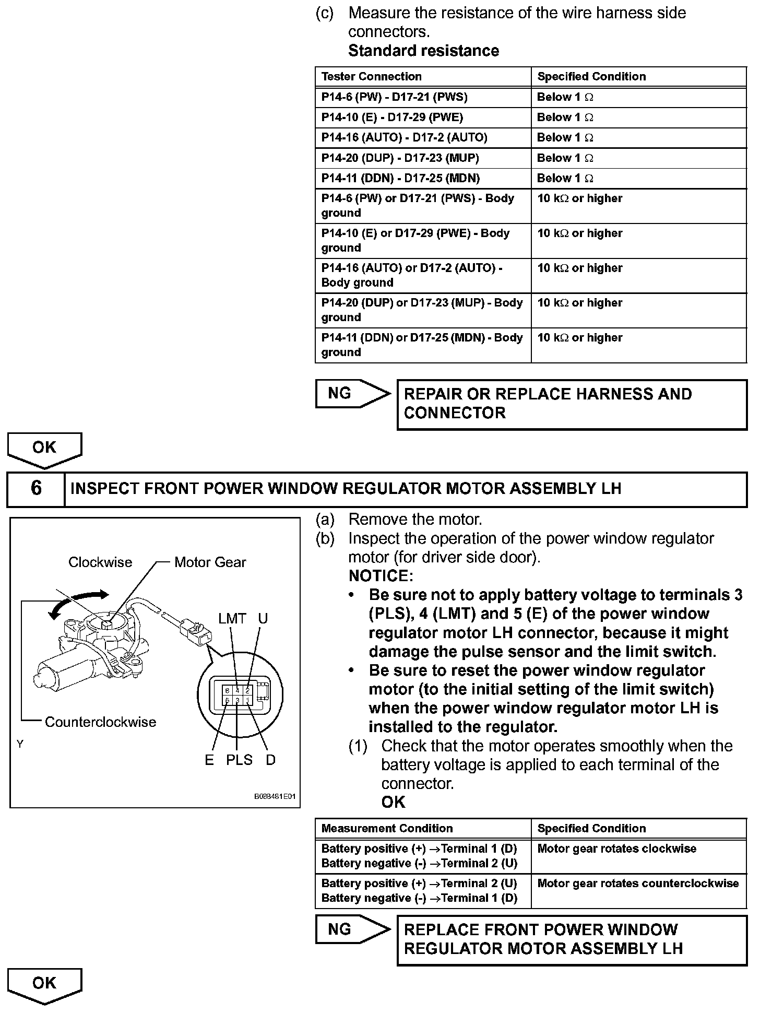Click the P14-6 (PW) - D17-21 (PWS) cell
point(395,97)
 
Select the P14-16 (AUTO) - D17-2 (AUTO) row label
point(404,138)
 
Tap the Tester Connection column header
point(372,77)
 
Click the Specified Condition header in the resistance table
point(591,77)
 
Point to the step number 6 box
point(36,488)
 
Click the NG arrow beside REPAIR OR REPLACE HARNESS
point(352,394)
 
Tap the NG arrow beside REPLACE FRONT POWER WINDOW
point(352,929)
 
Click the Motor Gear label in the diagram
point(210,562)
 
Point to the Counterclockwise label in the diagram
point(100,722)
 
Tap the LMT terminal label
point(232,619)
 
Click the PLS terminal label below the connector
point(239,760)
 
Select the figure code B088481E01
point(275,797)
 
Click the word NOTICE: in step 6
point(381,576)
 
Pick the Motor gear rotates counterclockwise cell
point(638,884)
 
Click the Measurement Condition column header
point(387,829)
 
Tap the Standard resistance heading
point(423,51)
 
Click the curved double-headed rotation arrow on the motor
point(78,603)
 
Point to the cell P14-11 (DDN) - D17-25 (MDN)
point(400,179)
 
